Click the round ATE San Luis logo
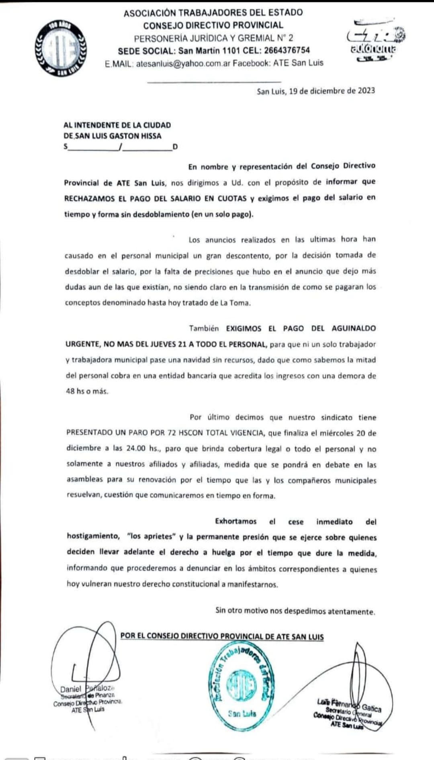click(x=61, y=48)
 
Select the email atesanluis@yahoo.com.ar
click(x=183, y=63)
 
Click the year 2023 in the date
click(x=366, y=91)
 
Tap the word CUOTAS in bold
click(x=232, y=198)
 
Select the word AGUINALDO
click(x=354, y=328)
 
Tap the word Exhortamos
click(x=235, y=522)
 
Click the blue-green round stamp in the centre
click(x=242, y=687)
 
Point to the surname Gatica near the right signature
click(x=371, y=708)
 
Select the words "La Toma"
click(x=235, y=303)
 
